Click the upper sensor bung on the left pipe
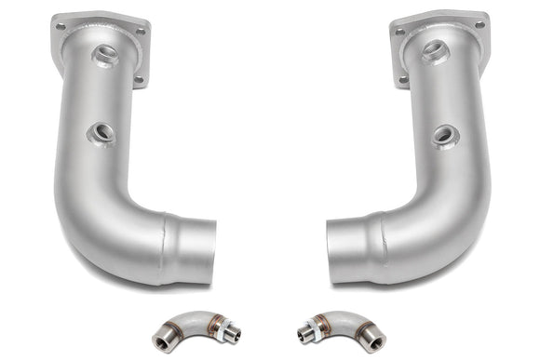click(105, 54)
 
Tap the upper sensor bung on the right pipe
click(435, 52)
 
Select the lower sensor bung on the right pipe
click(444, 136)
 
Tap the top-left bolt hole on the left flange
click(61, 27)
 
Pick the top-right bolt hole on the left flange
click(140, 31)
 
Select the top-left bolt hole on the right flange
click(401, 32)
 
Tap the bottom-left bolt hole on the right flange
click(403, 80)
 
